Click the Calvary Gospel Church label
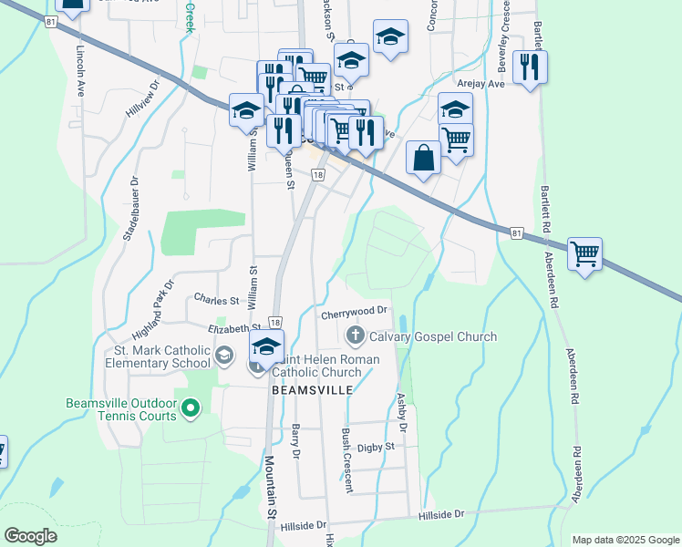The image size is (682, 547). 433,336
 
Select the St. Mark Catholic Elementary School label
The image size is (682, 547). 162,356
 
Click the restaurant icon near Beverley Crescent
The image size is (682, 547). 530,66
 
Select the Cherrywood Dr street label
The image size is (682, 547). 355,315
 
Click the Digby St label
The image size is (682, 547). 376,447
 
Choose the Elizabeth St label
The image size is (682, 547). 235,327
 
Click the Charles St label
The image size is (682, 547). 216,299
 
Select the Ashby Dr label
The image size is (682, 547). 401,413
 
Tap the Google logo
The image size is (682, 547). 30,536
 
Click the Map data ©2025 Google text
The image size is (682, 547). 624,540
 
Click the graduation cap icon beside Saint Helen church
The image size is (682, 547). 267,347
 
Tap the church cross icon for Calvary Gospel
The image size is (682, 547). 356,336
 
